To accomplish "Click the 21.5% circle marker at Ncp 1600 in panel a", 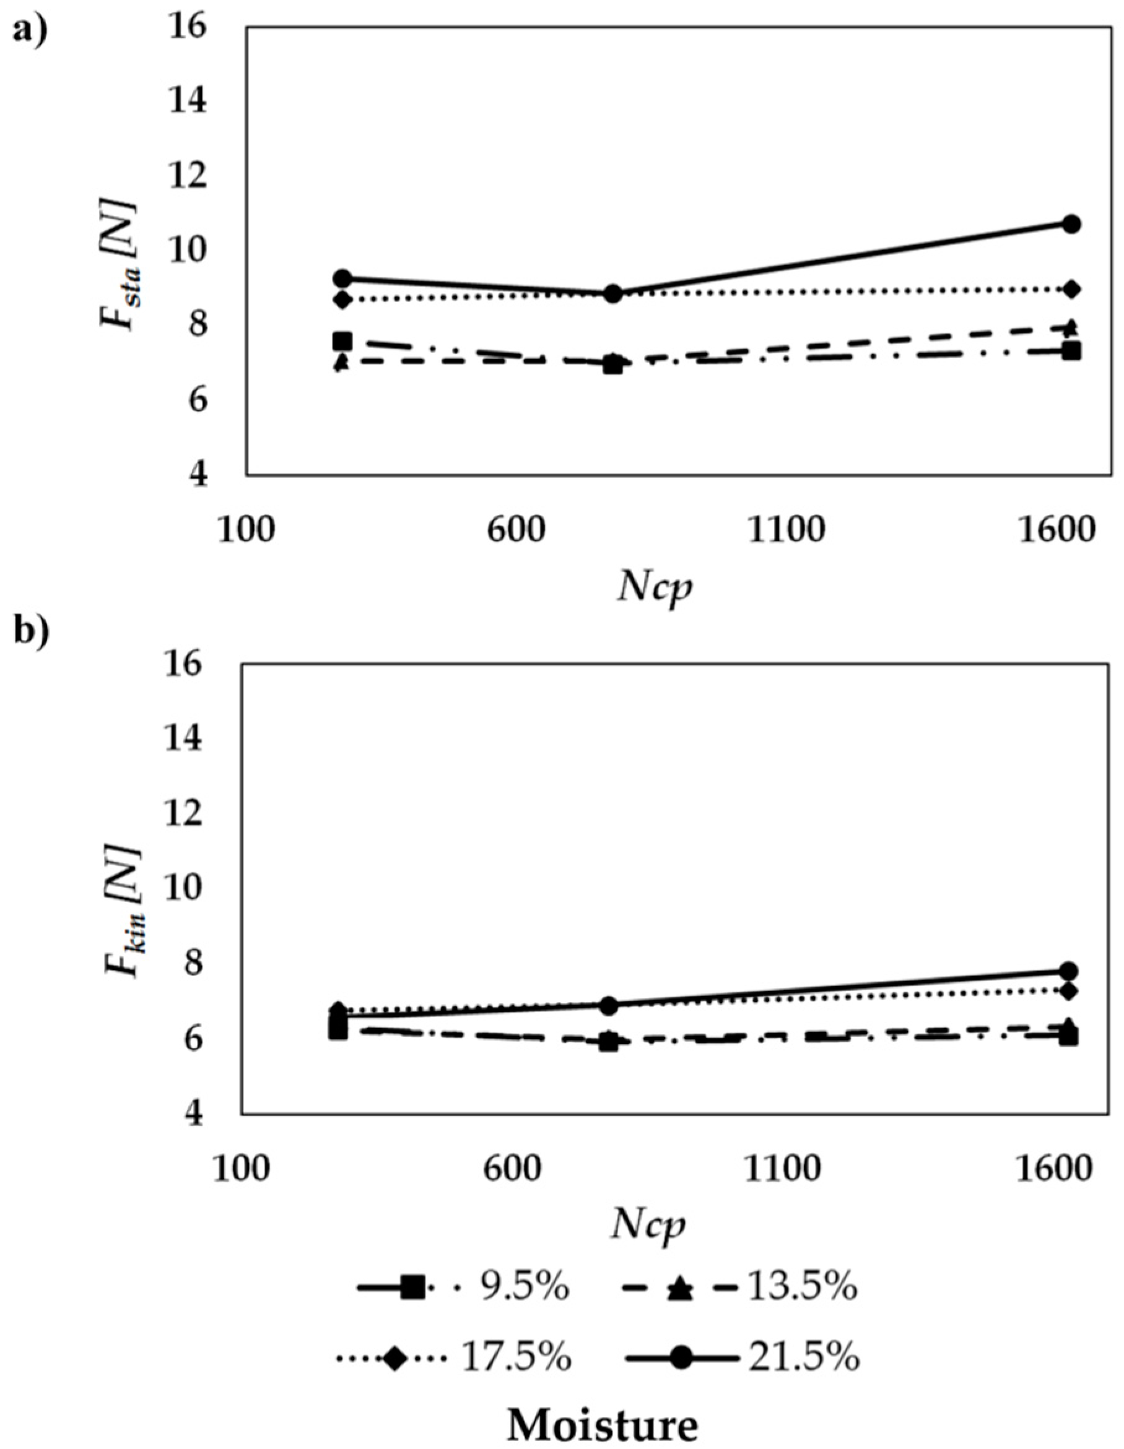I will (x=1071, y=223).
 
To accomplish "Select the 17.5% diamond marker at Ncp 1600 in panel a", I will (x=1071, y=288).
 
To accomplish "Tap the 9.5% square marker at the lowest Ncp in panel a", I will (x=342, y=341).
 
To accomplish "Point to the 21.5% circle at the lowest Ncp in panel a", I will (x=342, y=278).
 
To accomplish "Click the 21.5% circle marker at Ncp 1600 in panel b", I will (x=1068, y=971).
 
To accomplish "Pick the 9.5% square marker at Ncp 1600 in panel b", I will (x=1068, y=1036).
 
